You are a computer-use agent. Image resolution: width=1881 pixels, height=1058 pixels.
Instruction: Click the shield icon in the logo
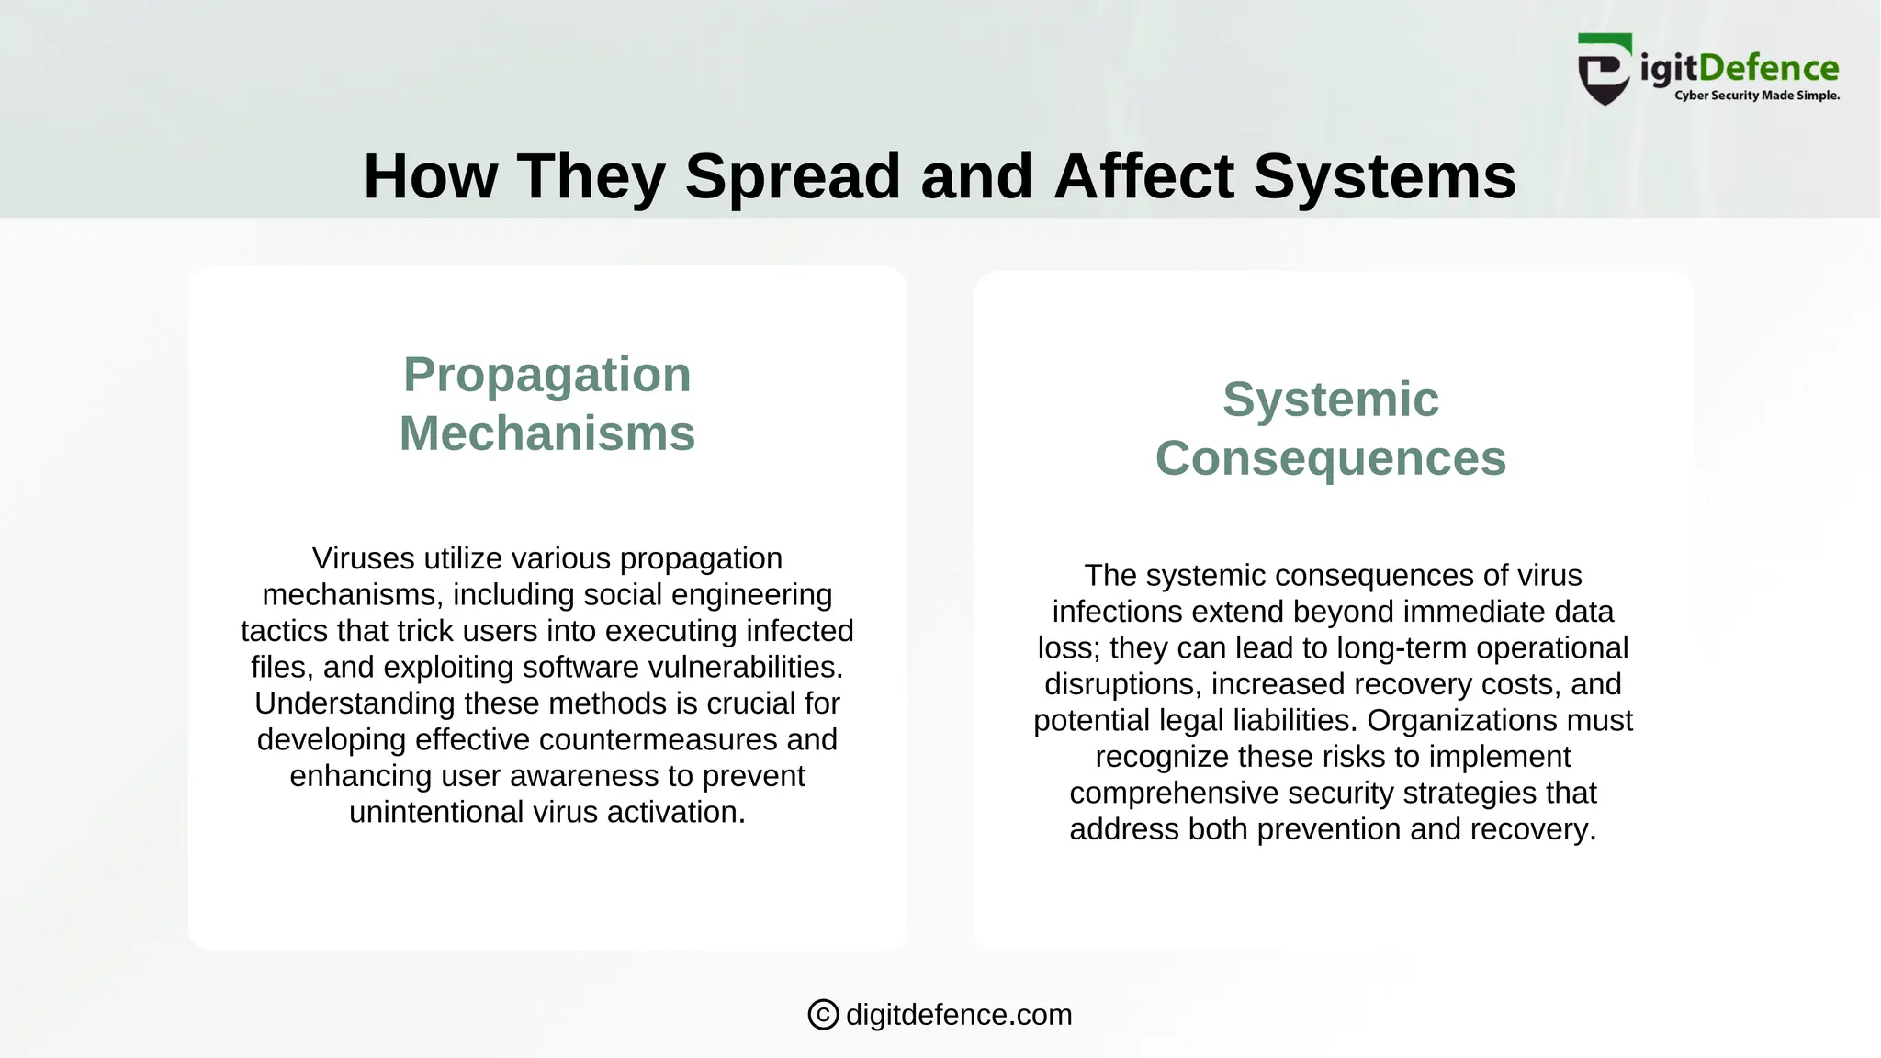point(1605,70)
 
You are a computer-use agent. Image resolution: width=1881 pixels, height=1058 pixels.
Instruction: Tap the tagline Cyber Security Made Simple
point(1756,96)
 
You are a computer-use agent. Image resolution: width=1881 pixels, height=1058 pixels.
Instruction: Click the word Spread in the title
point(792,176)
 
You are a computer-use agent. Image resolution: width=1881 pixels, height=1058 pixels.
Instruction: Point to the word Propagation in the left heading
point(546,375)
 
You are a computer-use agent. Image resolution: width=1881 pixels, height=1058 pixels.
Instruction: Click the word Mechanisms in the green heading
point(546,433)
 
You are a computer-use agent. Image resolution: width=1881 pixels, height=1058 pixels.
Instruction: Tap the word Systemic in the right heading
point(1330,400)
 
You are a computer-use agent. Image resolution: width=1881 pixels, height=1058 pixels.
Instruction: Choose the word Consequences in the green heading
point(1330,458)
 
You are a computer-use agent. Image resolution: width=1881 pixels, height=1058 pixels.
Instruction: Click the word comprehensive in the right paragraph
point(1160,793)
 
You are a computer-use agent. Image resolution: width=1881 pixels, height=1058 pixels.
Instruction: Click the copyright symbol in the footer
point(823,1015)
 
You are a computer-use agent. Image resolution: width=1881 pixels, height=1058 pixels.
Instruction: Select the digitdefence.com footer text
point(958,1015)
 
